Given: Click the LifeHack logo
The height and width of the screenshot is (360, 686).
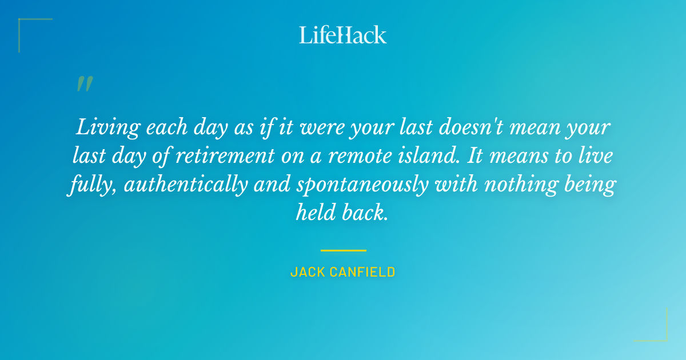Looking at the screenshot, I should [x=343, y=35].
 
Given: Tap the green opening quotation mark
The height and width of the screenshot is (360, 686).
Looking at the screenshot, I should [x=84, y=84].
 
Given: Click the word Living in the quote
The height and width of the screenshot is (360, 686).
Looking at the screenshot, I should [x=107, y=127].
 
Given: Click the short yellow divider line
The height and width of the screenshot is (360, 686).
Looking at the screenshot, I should [x=343, y=250].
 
